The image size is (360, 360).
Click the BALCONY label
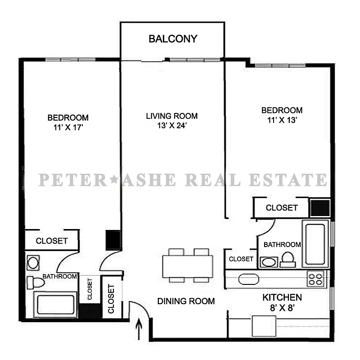pyautogui.click(x=173, y=39)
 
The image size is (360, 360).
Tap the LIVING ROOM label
pyautogui.click(x=171, y=116)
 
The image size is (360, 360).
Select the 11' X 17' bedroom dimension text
pyautogui.click(x=68, y=127)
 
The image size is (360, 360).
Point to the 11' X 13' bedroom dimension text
pyautogui.click(x=282, y=120)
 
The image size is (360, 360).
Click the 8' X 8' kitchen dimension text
pyautogui.click(x=282, y=309)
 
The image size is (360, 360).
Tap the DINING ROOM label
pyautogui.click(x=186, y=301)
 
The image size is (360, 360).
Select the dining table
pyautogui.click(x=188, y=266)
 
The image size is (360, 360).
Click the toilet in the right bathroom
pyautogui.click(x=287, y=259)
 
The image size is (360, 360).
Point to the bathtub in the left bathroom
pyautogui.click(x=56, y=305)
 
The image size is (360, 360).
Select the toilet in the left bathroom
pyautogui.click(x=36, y=283)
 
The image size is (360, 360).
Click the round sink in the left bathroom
pyautogui.click(x=33, y=262)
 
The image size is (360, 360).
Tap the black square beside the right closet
pyautogui.click(x=320, y=207)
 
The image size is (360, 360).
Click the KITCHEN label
pyautogui.click(x=282, y=297)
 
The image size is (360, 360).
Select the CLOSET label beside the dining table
pyautogui.click(x=241, y=259)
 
